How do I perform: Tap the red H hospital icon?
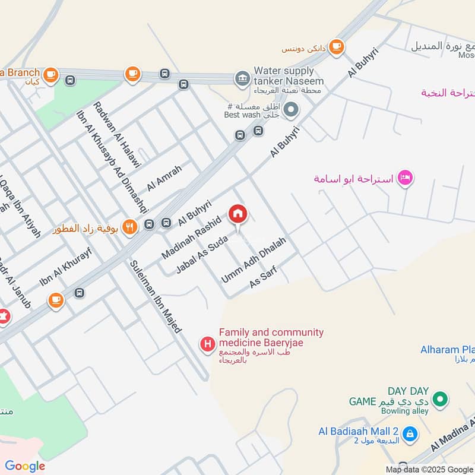coord(207,343)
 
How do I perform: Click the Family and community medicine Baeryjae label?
coord(271,338)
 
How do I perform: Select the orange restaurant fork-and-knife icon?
coord(129,226)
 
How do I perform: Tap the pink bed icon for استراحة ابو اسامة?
coord(406,178)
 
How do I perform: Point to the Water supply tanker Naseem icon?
coord(242,78)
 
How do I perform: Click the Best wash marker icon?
coord(291,109)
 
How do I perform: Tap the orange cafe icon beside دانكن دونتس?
coord(337,46)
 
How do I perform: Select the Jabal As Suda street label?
coord(202,254)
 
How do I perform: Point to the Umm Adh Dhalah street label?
coord(254,260)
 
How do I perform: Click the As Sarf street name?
coord(264,277)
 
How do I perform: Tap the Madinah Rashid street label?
coord(192,238)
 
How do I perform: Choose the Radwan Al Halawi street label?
coord(116,135)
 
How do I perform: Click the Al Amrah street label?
coord(164,176)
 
